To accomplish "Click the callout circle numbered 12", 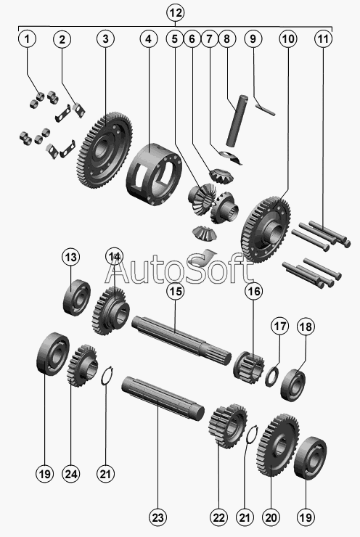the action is point(175,13).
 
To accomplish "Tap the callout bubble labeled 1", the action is point(27,38).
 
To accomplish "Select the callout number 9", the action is point(253,38).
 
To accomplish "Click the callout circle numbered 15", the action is point(175,291).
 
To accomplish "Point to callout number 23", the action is point(158,517).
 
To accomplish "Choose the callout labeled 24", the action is point(71,475).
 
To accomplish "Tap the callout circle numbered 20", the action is point(271,517).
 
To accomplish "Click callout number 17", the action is point(280,326).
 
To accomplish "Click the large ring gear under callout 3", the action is point(104,151).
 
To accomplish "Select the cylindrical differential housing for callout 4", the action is point(154,174).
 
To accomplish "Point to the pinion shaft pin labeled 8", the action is point(237,120).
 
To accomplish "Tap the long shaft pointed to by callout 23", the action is point(163,398).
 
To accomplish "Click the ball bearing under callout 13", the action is point(77,297).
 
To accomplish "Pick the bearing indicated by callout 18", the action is point(293,385).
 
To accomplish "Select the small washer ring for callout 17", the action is point(271,377).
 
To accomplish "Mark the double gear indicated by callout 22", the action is point(227,426).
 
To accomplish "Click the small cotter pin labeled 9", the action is point(266,110).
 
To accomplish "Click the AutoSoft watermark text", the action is point(179,268).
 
